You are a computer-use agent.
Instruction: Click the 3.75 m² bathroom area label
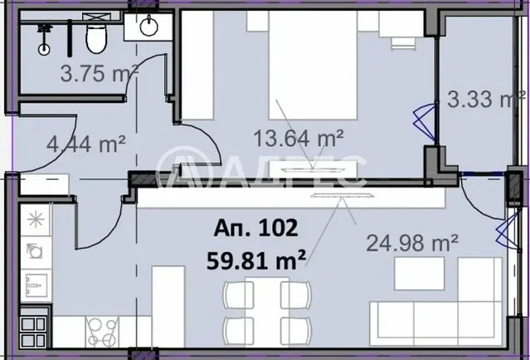(99, 74)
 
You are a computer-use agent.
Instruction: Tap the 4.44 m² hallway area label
(86, 144)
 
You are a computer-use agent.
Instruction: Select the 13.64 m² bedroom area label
(299, 139)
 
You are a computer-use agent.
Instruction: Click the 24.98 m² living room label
(412, 243)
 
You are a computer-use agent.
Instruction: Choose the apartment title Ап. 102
(255, 228)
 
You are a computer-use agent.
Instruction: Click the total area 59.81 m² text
(256, 260)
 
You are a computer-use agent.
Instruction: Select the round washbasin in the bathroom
(148, 26)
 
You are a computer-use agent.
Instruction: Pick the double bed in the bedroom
(313, 65)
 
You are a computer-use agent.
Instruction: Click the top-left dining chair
(238, 294)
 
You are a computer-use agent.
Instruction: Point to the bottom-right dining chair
(296, 331)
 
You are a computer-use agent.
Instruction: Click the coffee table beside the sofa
(419, 274)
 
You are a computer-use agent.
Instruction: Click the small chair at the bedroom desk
(404, 44)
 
